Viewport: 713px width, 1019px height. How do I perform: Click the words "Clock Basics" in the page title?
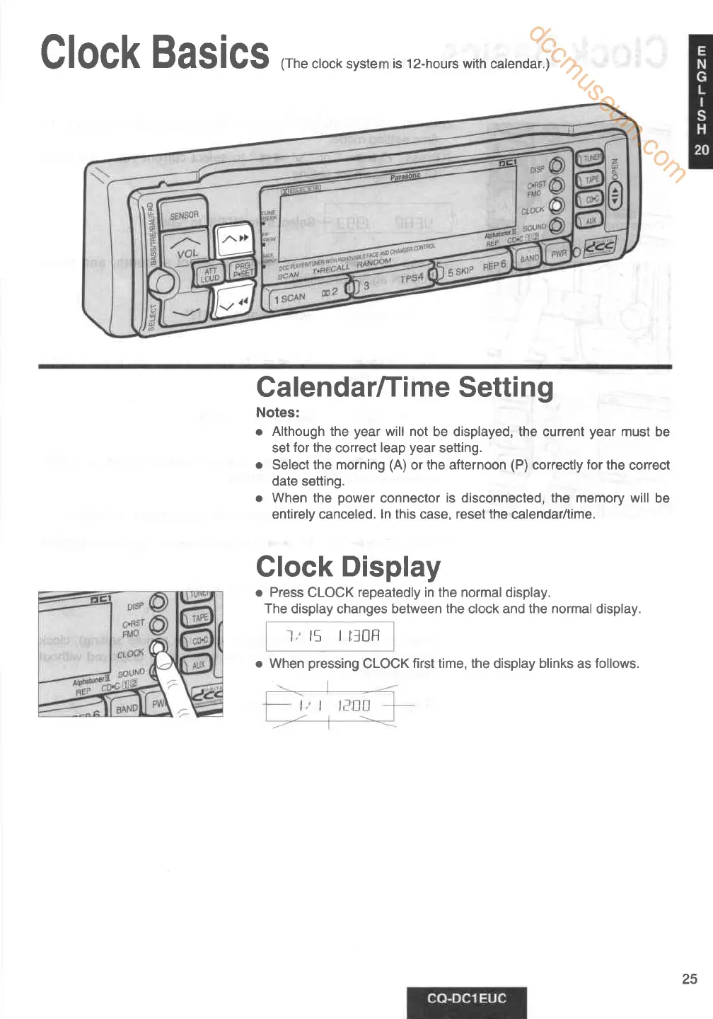[x=154, y=53]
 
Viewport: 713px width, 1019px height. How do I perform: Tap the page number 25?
[x=689, y=979]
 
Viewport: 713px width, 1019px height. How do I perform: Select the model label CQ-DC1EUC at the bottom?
[x=467, y=998]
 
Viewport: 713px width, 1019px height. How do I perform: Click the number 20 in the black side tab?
[x=701, y=149]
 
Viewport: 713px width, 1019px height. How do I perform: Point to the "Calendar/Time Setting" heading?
[x=405, y=387]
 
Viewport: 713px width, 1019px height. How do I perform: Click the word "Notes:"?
[x=277, y=413]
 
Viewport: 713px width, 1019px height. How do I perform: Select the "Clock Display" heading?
[x=348, y=567]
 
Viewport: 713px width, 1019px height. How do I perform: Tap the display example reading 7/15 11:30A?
[x=330, y=636]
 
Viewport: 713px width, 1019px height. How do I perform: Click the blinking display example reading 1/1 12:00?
[x=330, y=706]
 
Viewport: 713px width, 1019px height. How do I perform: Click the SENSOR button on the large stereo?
[x=184, y=215]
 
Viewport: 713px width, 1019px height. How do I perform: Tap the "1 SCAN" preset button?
[x=290, y=299]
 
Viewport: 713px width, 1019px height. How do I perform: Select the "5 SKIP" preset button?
[x=460, y=271]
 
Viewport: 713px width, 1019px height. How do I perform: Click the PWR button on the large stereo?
[x=559, y=253]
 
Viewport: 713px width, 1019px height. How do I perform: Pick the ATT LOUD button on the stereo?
[x=210, y=275]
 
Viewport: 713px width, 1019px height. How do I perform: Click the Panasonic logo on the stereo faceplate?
[x=405, y=177]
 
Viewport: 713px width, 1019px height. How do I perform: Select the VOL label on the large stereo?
[x=187, y=253]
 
